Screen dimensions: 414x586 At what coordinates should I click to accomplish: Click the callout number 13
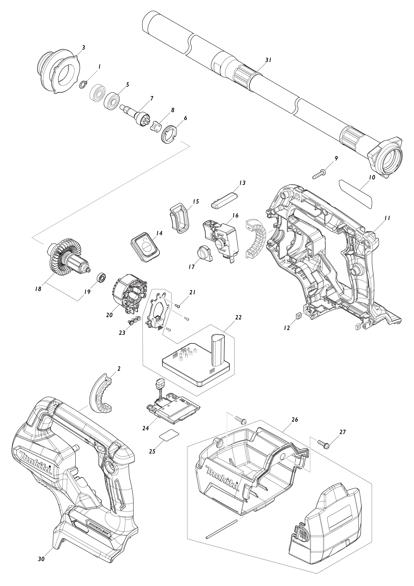click(242, 183)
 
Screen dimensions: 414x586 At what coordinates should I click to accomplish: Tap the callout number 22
click(238, 318)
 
